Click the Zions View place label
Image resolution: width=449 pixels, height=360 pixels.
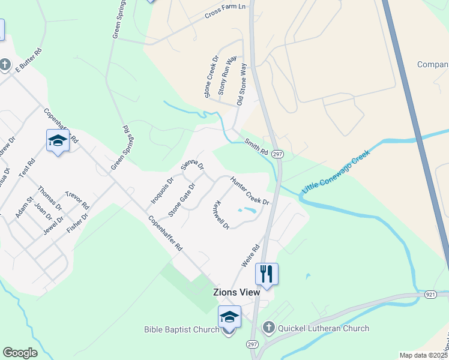(237, 292)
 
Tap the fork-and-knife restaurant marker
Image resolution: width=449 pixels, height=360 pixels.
(267, 274)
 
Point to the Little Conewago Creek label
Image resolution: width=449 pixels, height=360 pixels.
(336, 172)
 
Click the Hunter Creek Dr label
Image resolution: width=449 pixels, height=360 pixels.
(250, 191)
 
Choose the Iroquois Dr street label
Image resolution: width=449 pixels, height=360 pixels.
(162, 188)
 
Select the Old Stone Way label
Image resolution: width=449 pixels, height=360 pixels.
(242, 85)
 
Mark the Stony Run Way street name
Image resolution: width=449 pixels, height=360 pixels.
(227, 77)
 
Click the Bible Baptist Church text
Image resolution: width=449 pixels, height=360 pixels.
(181, 329)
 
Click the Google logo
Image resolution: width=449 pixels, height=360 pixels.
(20, 353)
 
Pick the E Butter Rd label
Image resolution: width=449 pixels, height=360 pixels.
(28, 61)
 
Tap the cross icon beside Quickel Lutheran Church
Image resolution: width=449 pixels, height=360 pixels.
(268, 328)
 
